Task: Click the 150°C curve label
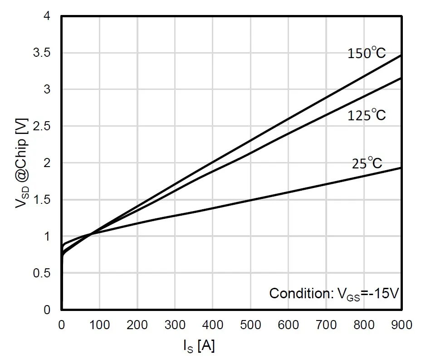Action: (367, 53)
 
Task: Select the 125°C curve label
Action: (367, 115)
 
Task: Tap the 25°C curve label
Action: (367, 163)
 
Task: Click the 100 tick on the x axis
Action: (99, 325)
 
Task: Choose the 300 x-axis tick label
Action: (175, 325)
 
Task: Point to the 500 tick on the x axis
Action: (250, 325)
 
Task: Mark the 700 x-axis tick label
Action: (326, 325)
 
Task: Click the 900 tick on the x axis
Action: (401, 325)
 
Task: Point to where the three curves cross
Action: (91, 234)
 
